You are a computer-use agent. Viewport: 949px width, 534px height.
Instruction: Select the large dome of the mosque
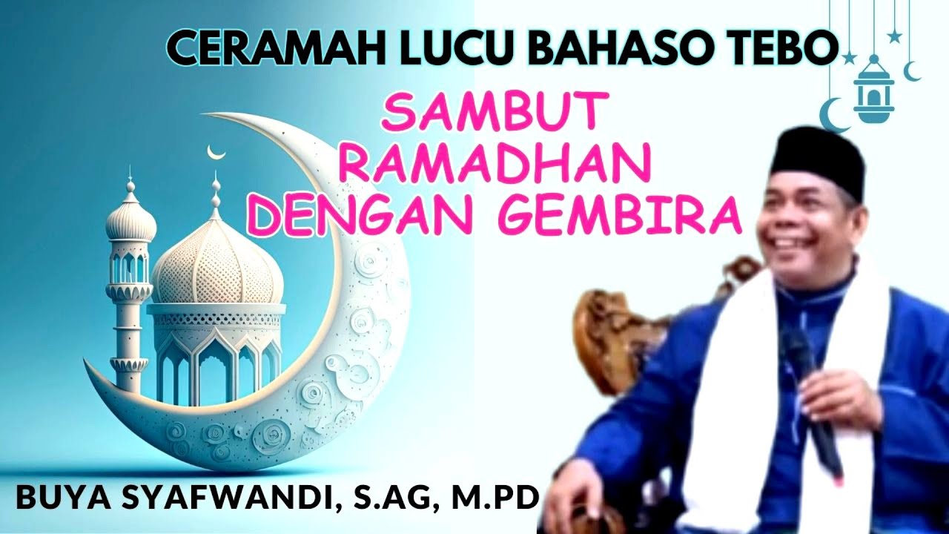(x=216, y=263)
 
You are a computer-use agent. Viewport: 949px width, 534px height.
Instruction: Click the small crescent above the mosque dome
(x=216, y=152)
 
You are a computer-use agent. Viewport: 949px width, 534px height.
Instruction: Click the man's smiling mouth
(x=788, y=244)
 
